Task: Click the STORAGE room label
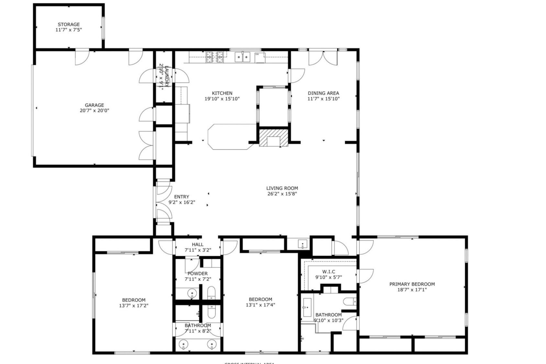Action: point(69,24)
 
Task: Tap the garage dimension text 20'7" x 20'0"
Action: point(94,111)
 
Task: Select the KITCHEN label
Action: point(222,93)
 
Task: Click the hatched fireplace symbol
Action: point(273,138)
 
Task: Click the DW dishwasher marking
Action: point(257,54)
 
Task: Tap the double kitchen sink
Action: point(243,57)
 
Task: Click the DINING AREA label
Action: point(323,93)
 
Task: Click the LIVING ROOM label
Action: point(282,188)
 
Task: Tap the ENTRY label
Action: point(182,197)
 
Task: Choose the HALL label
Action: point(197,245)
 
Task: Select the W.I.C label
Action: point(329,272)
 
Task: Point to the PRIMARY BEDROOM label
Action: point(412,284)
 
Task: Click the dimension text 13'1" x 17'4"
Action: point(261,305)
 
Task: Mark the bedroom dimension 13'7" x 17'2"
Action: point(134,305)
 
